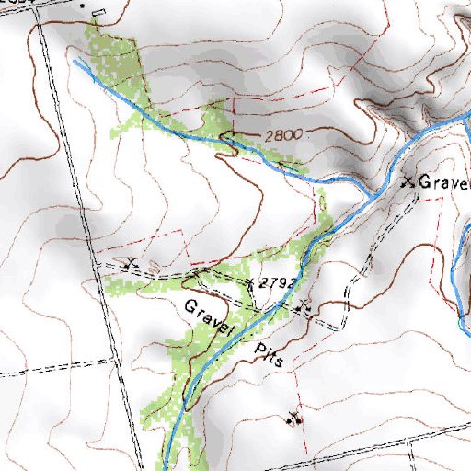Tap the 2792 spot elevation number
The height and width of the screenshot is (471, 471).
coord(276,283)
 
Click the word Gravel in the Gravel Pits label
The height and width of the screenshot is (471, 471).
coord(210,317)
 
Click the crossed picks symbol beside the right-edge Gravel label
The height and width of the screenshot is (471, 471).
coord(408,181)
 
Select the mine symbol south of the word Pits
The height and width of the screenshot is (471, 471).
coord(295,419)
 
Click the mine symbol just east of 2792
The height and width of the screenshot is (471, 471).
coord(304,304)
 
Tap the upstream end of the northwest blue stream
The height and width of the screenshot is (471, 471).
coord(75,61)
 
